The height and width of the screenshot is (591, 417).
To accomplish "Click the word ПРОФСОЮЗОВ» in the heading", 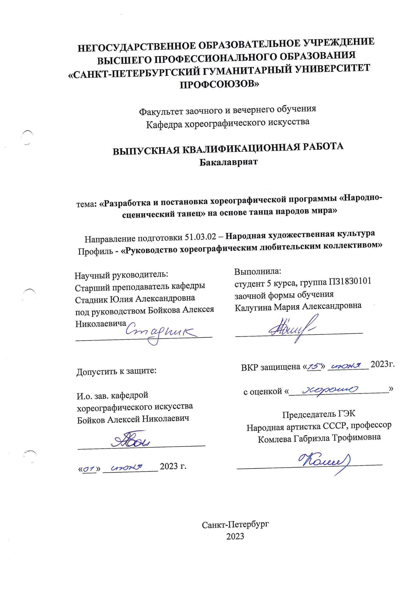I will pyautogui.click(x=220, y=84).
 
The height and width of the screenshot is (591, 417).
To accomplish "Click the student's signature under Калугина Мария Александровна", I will pyautogui.click(x=292, y=328).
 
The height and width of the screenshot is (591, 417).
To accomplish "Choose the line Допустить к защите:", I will pyautogui.click(x=116, y=371).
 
